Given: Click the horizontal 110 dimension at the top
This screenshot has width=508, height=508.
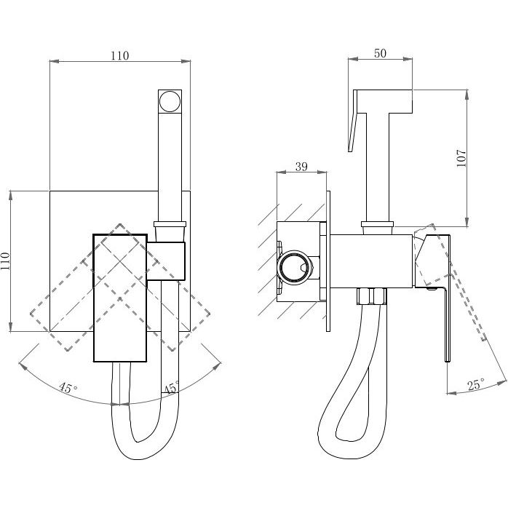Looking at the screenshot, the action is (120, 56).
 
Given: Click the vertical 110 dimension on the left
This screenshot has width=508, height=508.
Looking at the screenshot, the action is (6, 261).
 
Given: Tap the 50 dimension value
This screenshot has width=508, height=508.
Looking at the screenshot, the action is (380, 53).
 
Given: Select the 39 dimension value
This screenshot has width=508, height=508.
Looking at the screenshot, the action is (301, 167).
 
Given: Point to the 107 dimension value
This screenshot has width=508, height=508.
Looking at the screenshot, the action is (461, 158).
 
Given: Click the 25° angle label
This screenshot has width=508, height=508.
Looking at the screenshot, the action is (476, 384).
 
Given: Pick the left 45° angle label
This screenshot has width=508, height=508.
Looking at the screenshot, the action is (68, 387).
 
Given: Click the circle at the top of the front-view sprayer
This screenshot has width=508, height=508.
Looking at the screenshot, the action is (170, 101).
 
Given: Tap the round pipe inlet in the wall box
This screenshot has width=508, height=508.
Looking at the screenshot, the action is (294, 268).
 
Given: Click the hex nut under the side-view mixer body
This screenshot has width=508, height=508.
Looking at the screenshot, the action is (372, 296).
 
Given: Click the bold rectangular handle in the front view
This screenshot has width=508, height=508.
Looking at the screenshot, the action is (120, 298).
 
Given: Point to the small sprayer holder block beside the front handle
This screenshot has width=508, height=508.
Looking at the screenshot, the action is (166, 261).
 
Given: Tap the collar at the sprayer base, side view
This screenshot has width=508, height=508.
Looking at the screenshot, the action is (377, 224).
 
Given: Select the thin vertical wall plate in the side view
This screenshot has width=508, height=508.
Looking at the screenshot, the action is (328, 261).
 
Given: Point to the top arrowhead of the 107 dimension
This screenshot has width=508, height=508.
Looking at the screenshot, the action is (467, 94).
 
